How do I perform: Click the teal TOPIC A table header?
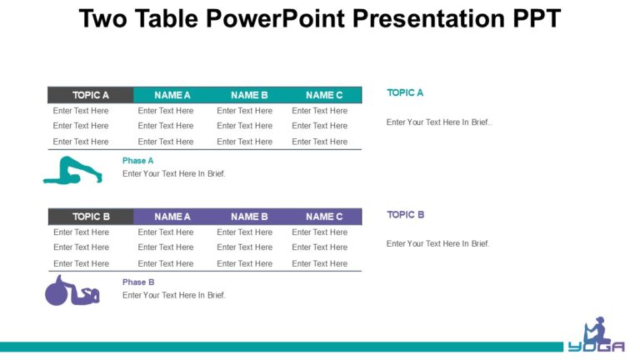(90, 95)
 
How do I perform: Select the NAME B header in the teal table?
(249, 95)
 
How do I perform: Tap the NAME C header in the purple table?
(324, 217)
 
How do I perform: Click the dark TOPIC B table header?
(91, 217)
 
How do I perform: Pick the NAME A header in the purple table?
(172, 217)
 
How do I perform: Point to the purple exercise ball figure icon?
(72, 292)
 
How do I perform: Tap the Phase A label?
(138, 161)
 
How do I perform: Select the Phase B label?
(138, 282)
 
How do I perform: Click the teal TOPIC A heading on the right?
(405, 92)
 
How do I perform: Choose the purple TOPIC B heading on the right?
(406, 215)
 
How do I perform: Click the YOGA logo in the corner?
(597, 335)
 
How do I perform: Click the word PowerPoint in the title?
(279, 18)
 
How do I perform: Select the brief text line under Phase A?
(173, 174)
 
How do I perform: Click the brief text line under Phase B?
(173, 295)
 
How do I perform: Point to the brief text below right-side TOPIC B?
(437, 244)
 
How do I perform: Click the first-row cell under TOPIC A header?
(81, 111)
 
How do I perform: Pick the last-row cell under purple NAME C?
(319, 263)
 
